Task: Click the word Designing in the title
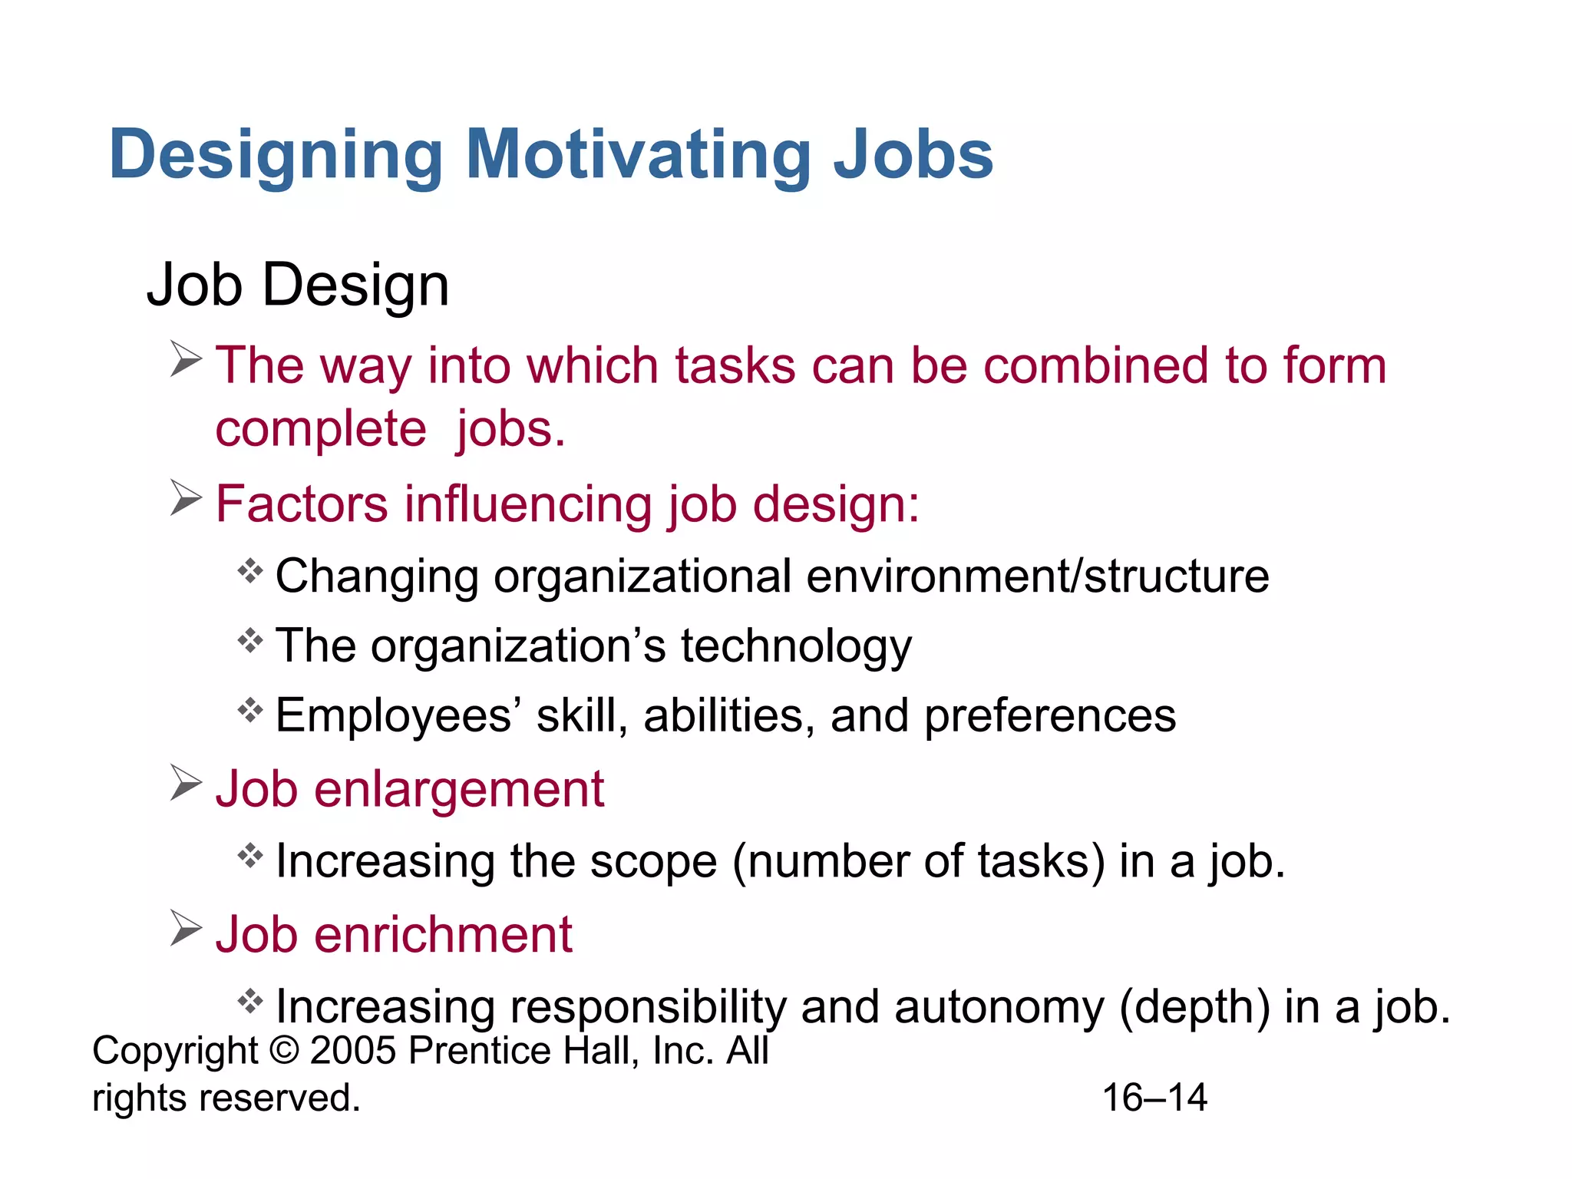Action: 276,156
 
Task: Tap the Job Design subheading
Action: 298,285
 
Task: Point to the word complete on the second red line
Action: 320,429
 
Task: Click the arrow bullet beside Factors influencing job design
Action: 186,498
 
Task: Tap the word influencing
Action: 529,504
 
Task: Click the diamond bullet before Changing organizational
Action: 250,571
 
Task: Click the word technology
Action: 796,646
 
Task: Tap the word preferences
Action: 1049,716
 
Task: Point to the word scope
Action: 653,861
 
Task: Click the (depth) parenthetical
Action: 1194,1007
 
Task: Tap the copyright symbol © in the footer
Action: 284,1050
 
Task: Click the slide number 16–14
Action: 1154,1098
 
